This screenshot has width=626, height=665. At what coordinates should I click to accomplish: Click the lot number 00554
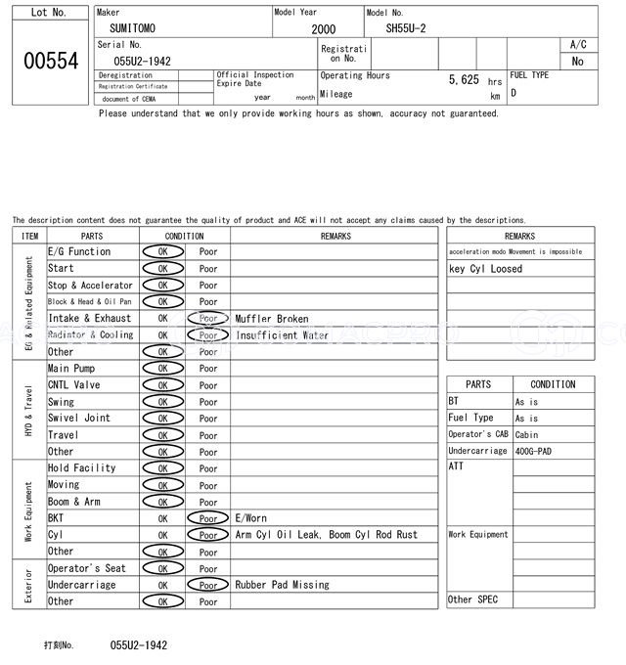pyautogui.click(x=50, y=61)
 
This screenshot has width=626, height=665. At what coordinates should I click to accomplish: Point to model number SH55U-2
pyautogui.click(x=406, y=28)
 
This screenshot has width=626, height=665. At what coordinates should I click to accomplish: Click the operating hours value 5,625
pyautogui.click(x=463, y=79)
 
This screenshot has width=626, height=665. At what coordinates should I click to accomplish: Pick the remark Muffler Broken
pyautogui.click(x=271, y=319)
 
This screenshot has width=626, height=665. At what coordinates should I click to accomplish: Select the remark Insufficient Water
pyautogui.click(x=282, y=335)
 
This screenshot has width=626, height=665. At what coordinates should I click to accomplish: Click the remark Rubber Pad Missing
pyautogui.click(x=282, y=585)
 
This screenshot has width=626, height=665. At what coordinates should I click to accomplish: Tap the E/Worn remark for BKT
pyautogui.click(x=250, y=518)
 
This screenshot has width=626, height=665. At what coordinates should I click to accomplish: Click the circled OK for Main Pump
pyautogui.click(x=162, y=369)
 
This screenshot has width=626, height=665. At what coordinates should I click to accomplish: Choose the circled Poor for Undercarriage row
pyautogui.click(x=207, y=585)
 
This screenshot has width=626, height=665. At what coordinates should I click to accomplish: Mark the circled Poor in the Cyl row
pyautogui.click(x=207, y=535)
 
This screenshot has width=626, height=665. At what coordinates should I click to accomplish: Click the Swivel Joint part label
pyautogui.click(x=79, y=419)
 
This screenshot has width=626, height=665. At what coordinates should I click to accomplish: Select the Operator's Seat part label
pyautogui.click(x=87, y=568)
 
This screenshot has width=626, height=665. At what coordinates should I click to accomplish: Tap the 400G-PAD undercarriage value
pyautogui.click(x=535, y=451)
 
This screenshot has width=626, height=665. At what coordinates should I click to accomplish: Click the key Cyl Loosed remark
pyautogui.click(x=485, y=269)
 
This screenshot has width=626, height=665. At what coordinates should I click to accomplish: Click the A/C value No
pyautogui.click(x=577, y=62)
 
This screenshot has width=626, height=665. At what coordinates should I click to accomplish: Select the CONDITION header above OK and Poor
pyautogui.click(x=184, y=236)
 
